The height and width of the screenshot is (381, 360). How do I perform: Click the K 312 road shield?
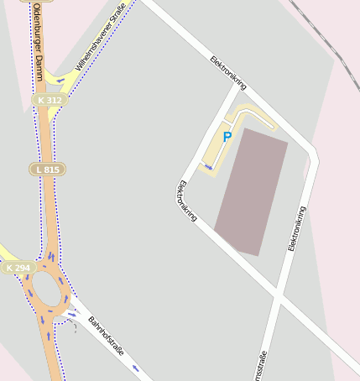50,100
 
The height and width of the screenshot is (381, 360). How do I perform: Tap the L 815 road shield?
50,169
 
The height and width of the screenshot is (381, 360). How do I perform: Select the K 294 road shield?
18,268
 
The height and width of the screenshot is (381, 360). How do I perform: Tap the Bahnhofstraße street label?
106,336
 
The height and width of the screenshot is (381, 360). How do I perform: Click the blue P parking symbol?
227,137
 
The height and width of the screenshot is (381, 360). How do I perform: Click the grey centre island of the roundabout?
47,291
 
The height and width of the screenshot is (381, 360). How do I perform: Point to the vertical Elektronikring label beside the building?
296,228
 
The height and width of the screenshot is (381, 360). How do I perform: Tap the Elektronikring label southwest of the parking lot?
186,201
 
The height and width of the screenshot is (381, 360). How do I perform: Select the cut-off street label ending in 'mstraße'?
263,366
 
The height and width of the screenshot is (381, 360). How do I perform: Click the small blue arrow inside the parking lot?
208,166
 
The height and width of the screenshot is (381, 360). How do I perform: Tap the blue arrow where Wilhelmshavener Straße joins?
60,81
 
